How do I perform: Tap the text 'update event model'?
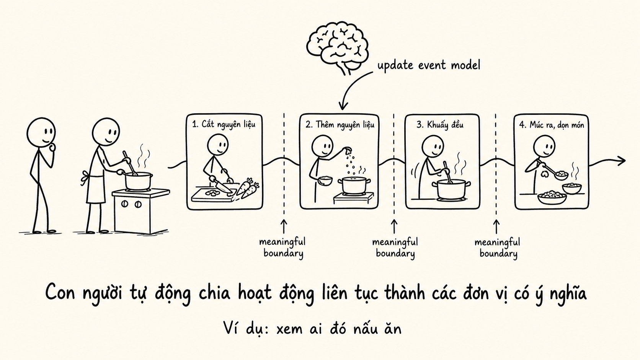point(429,65)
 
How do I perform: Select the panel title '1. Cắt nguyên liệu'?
point(224,124)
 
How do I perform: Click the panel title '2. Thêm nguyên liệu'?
point(340,125)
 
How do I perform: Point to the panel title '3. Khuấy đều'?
point(440,125)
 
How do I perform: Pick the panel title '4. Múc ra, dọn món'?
point(552,125)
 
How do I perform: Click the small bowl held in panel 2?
point(325,181)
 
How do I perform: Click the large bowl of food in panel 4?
point(552,198)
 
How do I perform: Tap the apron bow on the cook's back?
point(85,177)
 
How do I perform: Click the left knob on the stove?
point(124,204)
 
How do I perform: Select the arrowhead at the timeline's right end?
point(621,160)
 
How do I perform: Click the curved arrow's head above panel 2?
point(343,106)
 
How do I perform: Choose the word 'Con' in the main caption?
point(60,292)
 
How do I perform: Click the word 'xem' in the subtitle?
point(290,329)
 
